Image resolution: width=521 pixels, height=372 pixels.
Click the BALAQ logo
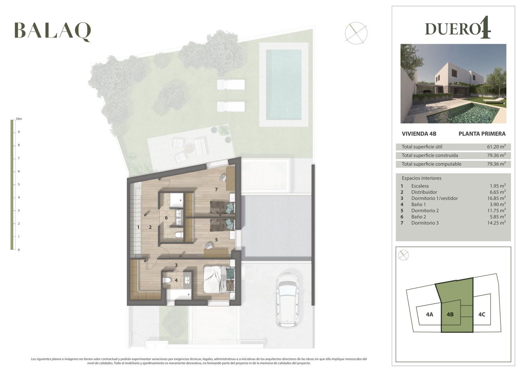52,32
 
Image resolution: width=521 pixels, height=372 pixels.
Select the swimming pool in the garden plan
283,84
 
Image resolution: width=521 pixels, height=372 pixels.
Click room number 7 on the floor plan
216,190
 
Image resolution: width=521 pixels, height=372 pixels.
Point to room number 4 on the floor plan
176,280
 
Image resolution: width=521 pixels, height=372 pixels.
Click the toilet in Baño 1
166,281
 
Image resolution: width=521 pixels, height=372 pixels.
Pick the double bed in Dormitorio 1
219,279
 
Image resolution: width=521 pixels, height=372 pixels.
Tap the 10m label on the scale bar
19,119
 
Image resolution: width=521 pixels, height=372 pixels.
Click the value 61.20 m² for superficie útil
496,147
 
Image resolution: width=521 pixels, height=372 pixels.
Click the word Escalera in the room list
420,186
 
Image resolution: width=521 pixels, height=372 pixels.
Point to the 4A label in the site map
429,315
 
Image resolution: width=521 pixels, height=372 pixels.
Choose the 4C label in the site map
482,315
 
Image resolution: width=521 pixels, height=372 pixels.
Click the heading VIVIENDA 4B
419,134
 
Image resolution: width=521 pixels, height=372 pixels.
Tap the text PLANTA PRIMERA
482,134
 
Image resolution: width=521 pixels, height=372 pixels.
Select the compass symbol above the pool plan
356,33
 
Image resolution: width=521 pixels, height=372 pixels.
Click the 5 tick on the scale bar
19,184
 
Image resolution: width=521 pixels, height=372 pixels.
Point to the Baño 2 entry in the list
419,217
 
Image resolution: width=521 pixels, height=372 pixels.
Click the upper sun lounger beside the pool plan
231,84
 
